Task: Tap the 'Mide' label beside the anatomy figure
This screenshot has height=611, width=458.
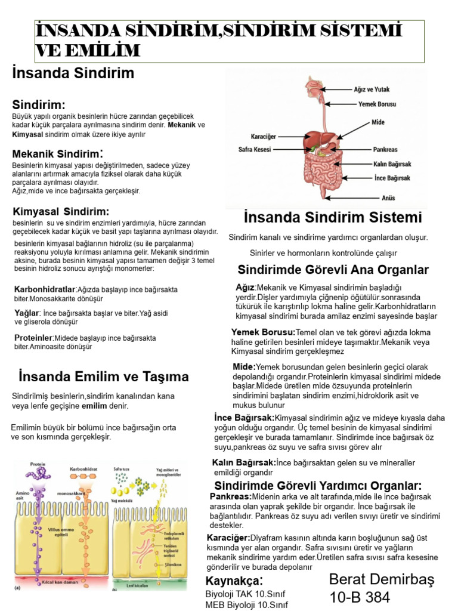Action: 378,122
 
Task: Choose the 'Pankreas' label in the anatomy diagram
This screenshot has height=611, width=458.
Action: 386,150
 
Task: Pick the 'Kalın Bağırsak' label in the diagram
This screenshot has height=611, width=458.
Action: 392,164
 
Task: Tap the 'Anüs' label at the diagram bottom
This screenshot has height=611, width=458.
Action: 388,198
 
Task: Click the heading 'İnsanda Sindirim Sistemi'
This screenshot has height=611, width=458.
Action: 333,217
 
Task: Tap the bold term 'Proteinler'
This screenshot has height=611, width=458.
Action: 33,338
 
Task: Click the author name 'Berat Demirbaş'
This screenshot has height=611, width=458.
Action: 382,579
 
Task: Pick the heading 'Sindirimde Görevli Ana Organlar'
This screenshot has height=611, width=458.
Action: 333,270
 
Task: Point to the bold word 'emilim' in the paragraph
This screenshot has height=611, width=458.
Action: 94,406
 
